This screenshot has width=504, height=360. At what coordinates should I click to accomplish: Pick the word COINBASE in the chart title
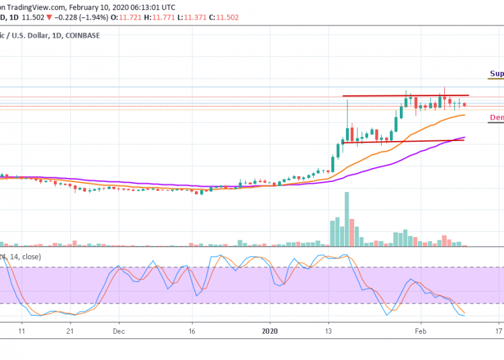[81, 35]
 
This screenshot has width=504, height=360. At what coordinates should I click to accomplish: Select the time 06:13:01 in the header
[163, 7]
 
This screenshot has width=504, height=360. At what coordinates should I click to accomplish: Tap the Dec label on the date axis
[119, 331]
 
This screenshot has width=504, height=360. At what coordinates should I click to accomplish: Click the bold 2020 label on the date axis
[269, 331]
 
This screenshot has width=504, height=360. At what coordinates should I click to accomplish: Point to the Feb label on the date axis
[421, 331]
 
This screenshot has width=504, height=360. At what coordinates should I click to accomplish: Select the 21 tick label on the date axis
[70, 331]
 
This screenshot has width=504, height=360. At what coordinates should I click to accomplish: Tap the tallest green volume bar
[347, 218]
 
